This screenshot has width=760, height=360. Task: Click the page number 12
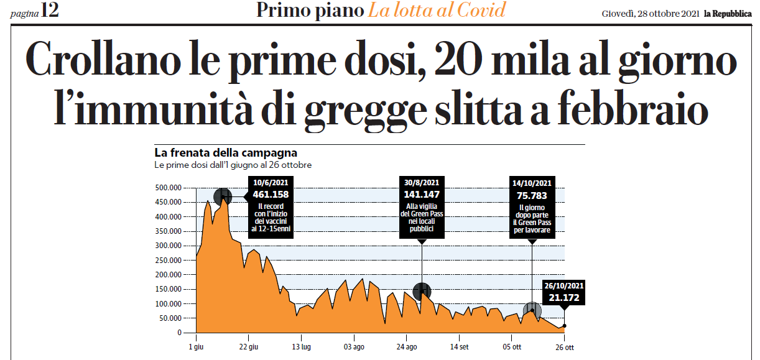[x=49, y=11]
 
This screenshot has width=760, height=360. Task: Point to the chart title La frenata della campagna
[x=225, y=152]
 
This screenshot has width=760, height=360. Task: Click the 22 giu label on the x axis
[x=248, y=346]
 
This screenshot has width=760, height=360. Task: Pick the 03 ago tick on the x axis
[x=354, y=346]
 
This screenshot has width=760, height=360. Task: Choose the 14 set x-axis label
[x=459, y=346]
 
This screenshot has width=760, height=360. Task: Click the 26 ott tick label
[x=563, y=346]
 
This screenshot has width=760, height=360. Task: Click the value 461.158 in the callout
[x=271, y=194]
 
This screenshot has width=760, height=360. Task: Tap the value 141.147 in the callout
[x=422, y=194]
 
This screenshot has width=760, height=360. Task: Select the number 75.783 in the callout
[x=532, y=195]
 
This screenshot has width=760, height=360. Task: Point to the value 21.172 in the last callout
[x=564, y=298]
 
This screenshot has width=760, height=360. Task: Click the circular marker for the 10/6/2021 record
[x=223, y=196]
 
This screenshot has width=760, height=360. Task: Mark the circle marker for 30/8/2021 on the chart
[x=422, y=290]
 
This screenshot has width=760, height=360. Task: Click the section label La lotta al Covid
[x=435, y=11]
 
